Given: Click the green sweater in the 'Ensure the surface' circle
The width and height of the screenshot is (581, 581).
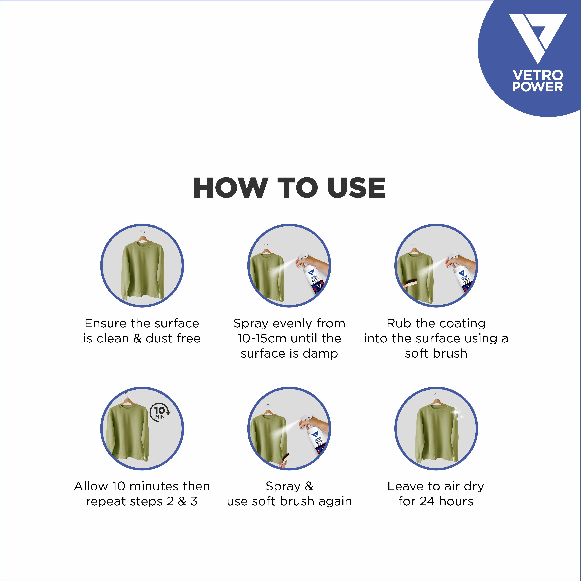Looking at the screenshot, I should point(142,271).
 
